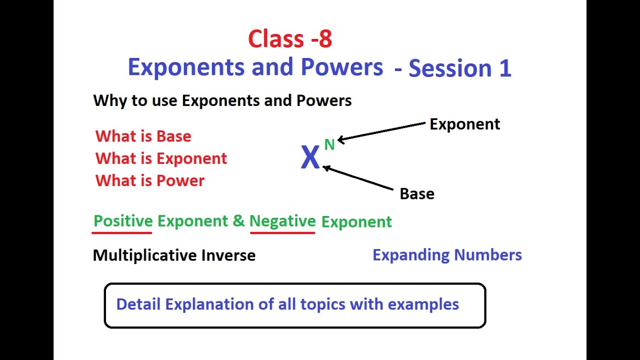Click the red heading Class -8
coord(290,39)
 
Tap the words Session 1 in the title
coord(459,68)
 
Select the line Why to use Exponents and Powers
coord(222,100)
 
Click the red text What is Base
coord(143,136)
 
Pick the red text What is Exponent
coord(161,158)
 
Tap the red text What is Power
coord(150,180)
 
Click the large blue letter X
coord(310,158)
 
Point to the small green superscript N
coord(329,145)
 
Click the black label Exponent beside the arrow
coord(464,124)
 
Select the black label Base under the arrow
coord(417,194)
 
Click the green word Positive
coord(123,221)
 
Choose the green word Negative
coord(282,221)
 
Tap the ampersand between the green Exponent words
coord(238,221)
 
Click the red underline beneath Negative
coord(282,232)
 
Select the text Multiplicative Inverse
coord(174,255)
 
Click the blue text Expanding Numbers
coord(447,255)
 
